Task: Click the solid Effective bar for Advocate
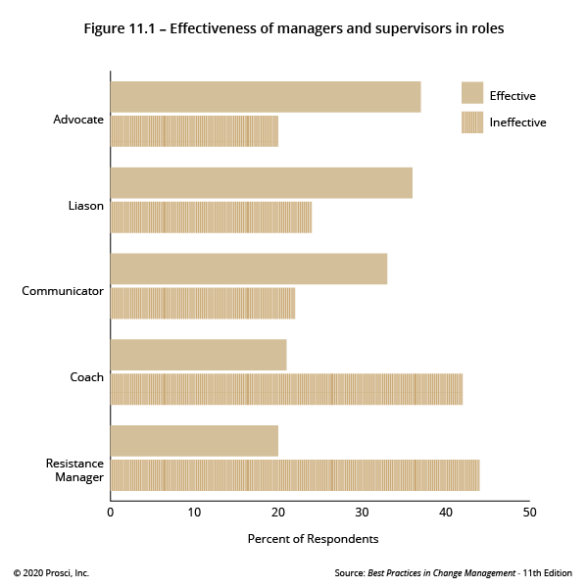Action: click(x=265, y=97)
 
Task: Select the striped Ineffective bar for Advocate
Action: click(x=194, y=131)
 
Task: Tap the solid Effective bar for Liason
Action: click(x=261, y=183)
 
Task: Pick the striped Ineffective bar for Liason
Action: click(x=211, y=218)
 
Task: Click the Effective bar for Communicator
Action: click(x=248, y=269)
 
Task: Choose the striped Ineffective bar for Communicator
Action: click(x=202, y=303)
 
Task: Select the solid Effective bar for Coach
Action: click(x=198, y=355)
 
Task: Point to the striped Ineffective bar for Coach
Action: click(x=286, y=389)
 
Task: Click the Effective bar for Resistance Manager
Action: click(x=194, y=441)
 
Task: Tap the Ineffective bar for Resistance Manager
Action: click(x=294, y=475)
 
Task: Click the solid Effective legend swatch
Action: click(x=472, y=93)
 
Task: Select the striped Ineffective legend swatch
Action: click(x=472, y=122)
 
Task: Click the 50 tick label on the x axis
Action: click(x=529, y=512)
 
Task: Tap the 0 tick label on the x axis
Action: click(x=111, y=512)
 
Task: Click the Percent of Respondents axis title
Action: click(x=313, y=539)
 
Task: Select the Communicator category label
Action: click(x=63, y=291)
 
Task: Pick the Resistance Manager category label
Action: click(x=74, y=469)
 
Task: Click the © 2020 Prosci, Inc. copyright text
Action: click(x=51, y=572)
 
